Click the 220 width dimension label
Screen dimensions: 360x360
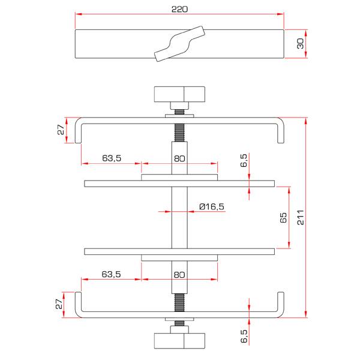click(179, 9)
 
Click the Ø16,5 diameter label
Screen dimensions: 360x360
click(212, 206)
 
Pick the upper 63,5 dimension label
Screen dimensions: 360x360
click(112, 158)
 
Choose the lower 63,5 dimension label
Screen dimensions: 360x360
click(112, 274)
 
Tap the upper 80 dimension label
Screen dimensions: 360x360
click(179, 158)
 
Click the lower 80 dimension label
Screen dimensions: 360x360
click(179, 274)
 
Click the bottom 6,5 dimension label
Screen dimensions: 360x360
click(244, 336)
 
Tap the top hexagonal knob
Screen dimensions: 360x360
click(179, 95)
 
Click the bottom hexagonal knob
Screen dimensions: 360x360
click(179, 340)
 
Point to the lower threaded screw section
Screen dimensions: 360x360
click(179, 302)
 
